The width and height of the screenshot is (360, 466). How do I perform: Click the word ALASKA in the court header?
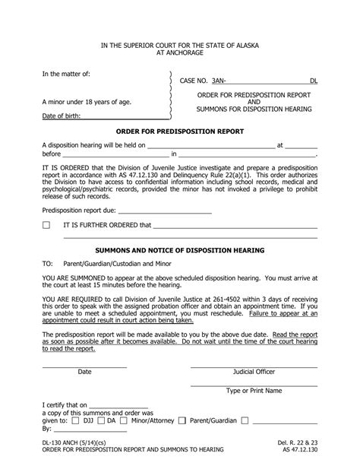pyautogui.click(x=243, y=46)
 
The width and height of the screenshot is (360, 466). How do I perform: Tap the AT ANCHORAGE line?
pyautogui.click(x=180, y=54)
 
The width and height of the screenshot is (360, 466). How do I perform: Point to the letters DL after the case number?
pyautogui.click(x=314, y=80)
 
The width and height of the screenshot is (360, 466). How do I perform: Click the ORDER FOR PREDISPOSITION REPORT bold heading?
pyautogui.click(x=179, y=131)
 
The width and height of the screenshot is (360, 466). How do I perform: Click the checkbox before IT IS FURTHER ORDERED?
pyautogui.click(x=46, y=226)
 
